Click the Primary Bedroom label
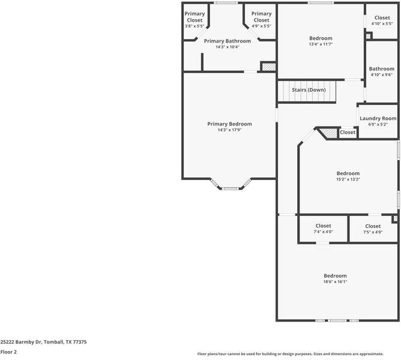coord(229,124)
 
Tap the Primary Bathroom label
coord(227,41)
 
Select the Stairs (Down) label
coord(309,90)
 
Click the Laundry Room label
coord(378,118)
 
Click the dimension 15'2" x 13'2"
coord(348,179)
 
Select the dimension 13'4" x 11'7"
coord(321,44)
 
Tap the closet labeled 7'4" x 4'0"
coord(323,232)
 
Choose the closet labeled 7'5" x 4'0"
coord(373,232)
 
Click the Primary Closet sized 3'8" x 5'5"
coord(194,20)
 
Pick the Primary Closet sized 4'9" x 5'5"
coord(261,20)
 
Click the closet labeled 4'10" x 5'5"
coord(382,20)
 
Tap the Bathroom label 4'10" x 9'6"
coord(382,71)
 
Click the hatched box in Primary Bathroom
coord(268,67)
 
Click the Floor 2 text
coord(8,352)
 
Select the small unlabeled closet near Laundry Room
coord(348,133)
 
